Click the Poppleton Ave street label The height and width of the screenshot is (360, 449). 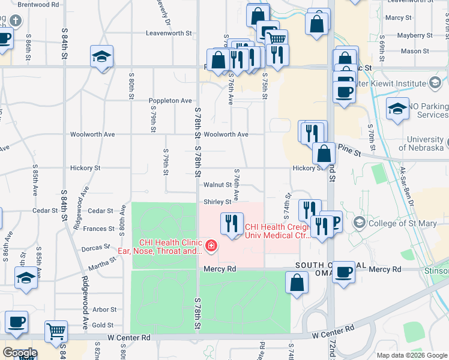[x=170, y=101]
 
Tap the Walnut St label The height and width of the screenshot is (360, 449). [x=217, y=185]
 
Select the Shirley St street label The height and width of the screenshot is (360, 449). [x=217, y=202]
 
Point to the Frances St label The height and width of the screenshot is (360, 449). [x=98, y=229]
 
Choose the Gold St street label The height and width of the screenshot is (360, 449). [x=103, y=325]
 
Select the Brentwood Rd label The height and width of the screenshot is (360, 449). [x=38, y=4]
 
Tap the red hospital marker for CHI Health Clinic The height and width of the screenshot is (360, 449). [x=211, y=245]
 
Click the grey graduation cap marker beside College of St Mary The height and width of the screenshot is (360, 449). [x=360, y=223]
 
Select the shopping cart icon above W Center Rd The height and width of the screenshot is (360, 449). [x=56, y=330]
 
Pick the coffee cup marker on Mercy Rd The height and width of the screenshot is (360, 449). [x=344, y=272]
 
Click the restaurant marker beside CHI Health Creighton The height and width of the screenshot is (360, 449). [x=228, y=224]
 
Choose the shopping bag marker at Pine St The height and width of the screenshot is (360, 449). [x=324, y=154]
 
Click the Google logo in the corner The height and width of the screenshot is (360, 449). [x=20, y=353]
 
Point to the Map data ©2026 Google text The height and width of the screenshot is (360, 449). [x=411, y=355]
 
